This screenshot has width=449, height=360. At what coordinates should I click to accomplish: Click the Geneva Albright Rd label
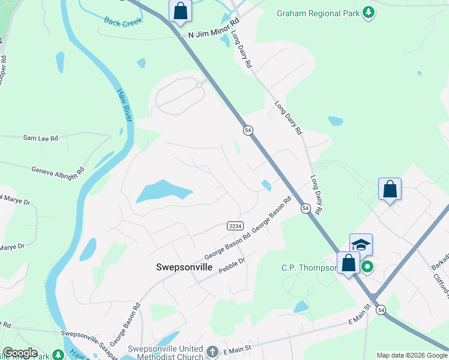pos(58,170)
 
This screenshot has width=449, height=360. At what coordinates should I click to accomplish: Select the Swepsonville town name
pos(184,267)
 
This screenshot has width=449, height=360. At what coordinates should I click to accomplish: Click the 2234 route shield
pos(235,226)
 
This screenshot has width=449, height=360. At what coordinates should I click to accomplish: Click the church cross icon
pos(212,351)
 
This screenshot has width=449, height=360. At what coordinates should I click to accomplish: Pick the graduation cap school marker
pos(361,244)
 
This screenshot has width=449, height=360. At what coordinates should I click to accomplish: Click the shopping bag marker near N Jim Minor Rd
pos(179,11)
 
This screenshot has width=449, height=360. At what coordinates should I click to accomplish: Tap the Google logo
pos(20,353)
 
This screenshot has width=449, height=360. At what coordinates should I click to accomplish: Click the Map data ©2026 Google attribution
pos(411,355)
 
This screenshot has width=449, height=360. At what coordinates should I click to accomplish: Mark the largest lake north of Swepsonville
pos(162,192)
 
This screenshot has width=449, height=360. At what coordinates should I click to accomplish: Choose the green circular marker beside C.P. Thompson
pos(366,267)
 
